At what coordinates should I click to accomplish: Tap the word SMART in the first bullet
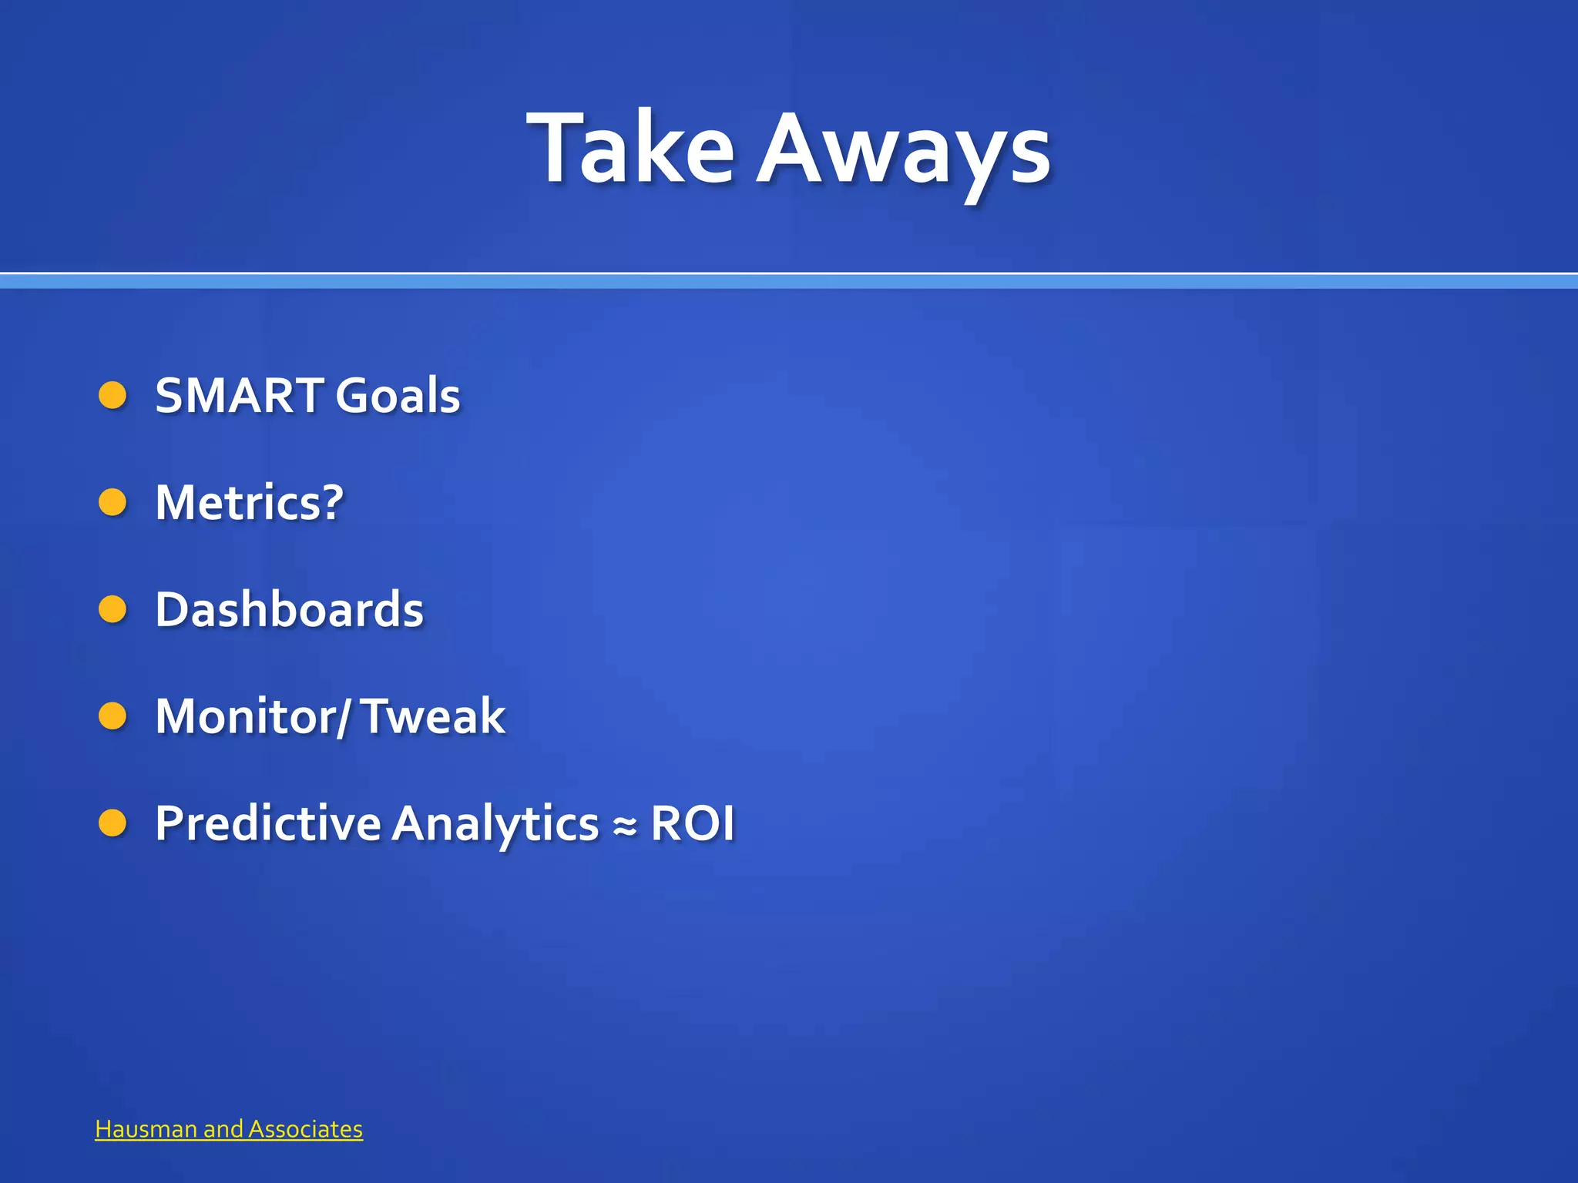pos(239,395)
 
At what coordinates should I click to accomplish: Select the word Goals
pos(397,395)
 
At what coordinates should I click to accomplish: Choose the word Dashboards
pos(289,609)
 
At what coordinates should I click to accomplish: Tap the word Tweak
pos(433,716)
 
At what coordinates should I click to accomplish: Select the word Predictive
pos(267,823)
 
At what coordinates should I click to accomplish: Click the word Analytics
pos(495,823)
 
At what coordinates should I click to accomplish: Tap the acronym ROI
pos(693,823)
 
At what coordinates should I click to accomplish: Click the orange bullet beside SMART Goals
pos(112,396)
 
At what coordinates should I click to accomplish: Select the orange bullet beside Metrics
pos(112,503)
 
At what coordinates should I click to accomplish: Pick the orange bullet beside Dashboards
pos(112,610)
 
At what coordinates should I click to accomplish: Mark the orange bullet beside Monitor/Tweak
pos(112,716)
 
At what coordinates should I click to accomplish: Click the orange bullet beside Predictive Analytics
pos(112,823)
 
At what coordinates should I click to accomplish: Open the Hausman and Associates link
pos(229,1129)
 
